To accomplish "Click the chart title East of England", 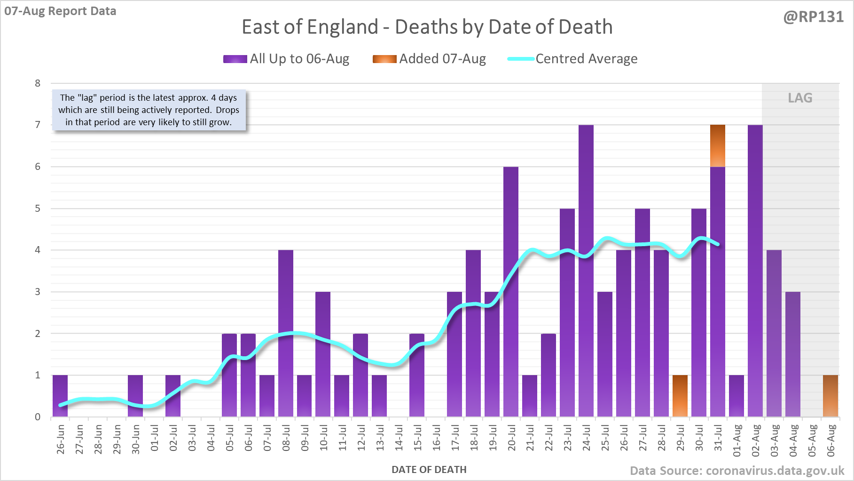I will [x=427, y=27].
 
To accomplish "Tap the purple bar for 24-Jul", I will [x=586, y=271].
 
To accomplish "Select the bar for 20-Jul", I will [x=511, y=292].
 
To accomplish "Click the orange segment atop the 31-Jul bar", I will [x=718, y=146].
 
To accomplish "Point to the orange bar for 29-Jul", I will [x=680, y=396].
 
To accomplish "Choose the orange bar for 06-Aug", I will [x=830, y=396].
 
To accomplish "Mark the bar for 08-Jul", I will [x=286, y=333].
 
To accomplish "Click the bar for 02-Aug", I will [x=755, y=271].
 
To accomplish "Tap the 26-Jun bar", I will [x=60, y=396].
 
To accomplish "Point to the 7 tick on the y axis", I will [x=38, y=125].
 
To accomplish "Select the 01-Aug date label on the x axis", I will [x=737, y=440].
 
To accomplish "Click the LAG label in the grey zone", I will [x=800, y=98].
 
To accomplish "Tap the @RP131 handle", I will [x=813, y=17].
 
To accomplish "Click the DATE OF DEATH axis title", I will [x=429, y=470].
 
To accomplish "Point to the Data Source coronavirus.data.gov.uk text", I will [x=736, y=471].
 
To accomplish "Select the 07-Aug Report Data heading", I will [x=60, y=11].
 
